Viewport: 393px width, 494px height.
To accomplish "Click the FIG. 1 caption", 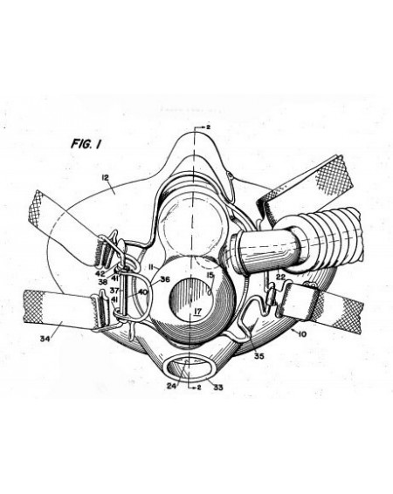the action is point(86,144).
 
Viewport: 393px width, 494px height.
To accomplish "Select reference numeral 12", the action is point(106,178).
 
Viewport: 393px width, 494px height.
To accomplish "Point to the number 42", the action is point(100,273).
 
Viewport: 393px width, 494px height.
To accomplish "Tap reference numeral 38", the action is point(102,282).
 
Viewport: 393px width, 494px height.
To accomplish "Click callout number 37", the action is point(114,290).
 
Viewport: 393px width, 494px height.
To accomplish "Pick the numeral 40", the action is point(142,292).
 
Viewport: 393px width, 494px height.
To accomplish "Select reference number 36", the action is point(165,279).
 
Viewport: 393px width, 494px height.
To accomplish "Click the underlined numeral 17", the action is point(197,312).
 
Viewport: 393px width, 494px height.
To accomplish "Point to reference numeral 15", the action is point(210,275).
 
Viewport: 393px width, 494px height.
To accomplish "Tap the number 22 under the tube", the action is point(280,277).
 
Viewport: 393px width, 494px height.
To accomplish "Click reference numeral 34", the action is point(45,339).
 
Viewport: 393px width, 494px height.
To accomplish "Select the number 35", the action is point(259,356).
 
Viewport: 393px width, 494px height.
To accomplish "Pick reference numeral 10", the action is point(302,334).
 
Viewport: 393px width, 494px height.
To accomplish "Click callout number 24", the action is point(171,386).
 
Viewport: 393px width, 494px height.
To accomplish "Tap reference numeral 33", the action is point(218,387).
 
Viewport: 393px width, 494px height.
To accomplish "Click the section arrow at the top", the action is point(201,127).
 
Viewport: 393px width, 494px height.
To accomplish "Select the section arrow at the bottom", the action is point(194,388).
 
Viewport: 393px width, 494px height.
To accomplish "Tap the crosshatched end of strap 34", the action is point(33,307).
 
